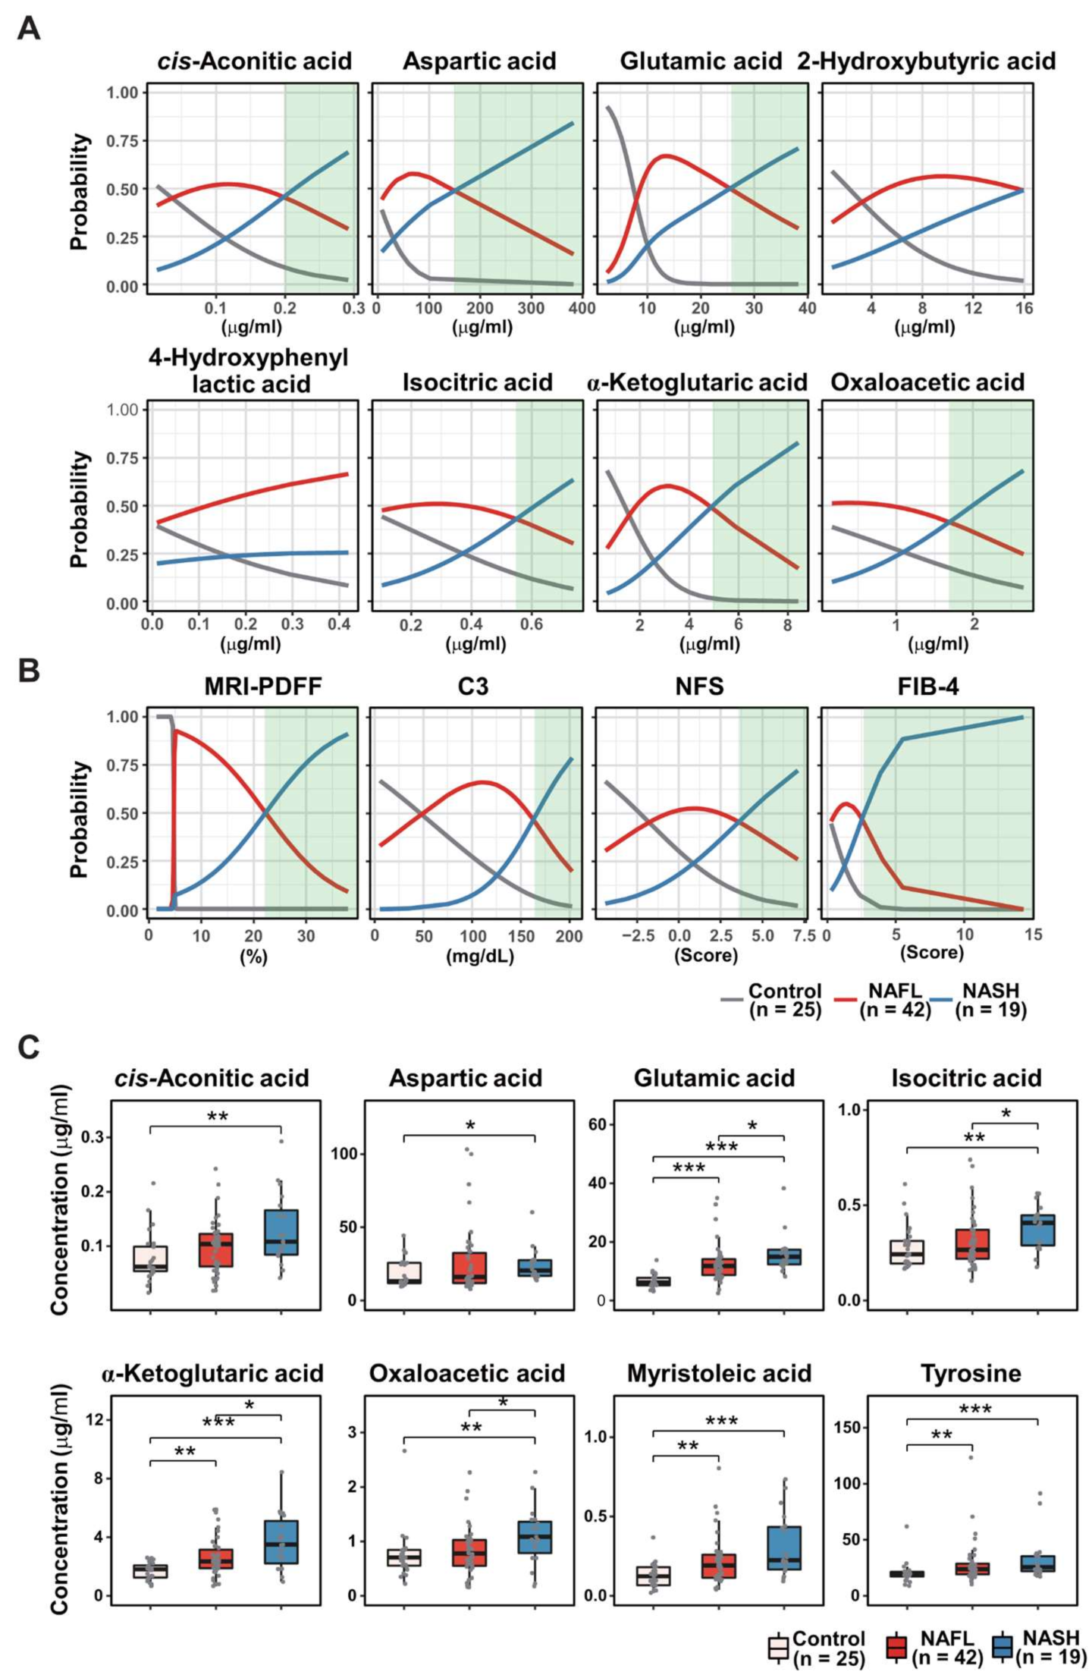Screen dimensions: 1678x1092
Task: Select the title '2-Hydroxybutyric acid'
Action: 926,61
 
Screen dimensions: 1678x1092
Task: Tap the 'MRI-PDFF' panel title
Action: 263,686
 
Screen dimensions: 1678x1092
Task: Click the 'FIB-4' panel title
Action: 927,686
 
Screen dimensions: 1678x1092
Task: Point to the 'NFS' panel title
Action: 699,686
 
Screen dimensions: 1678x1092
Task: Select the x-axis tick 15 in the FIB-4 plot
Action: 1033,935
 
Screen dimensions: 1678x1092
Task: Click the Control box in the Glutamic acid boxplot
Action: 653,1281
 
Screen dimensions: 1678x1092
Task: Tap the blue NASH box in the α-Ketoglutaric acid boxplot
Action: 282,1541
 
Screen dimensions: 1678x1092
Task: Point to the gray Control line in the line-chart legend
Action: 731,1000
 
